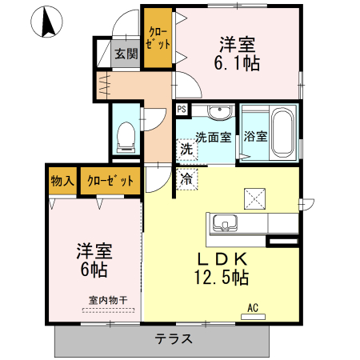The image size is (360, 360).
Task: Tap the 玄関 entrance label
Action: tap(125, 54)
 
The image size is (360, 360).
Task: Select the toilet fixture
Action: tap(125, 137)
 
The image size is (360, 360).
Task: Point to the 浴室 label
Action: tap(255, 136)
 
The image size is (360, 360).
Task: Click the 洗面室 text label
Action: tap(215, 136)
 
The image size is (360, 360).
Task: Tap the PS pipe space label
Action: tap(182, 110)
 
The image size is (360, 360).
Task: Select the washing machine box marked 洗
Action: tap(186, 148)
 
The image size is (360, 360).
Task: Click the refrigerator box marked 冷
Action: tap(186, 178)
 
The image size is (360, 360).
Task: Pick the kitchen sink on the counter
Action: tap(222, 222)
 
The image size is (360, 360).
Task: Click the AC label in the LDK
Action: tap(253, 307)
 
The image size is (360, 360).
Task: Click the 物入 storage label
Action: tap(62, 180)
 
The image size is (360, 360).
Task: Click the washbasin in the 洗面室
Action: tap(216, 113)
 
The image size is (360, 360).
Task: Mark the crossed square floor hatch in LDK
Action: tap(254, 194)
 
